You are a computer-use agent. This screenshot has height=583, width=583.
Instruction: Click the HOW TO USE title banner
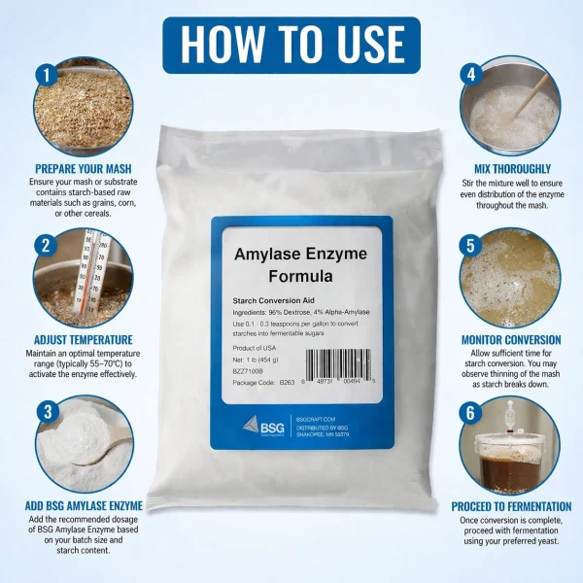tap(291, 43)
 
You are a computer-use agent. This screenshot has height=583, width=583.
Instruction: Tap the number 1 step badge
tap(45, 74)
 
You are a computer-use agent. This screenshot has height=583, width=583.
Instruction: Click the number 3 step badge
tap(44, 410)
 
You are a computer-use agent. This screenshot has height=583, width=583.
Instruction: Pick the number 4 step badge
tap(470, 74)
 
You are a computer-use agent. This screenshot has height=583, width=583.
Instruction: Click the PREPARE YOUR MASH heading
tap(83, 166)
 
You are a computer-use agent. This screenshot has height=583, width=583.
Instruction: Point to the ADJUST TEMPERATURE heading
tap(83, 339)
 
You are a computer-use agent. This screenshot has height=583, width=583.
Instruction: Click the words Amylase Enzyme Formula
tap(301, 264)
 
